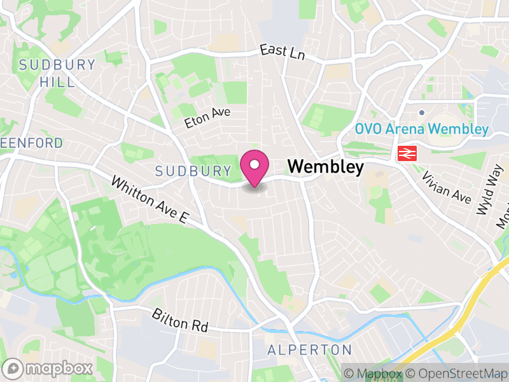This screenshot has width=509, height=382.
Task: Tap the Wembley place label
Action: pos(326,167)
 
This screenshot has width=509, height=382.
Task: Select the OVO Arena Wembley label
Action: pos(421,129)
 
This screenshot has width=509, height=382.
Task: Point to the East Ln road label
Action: pos(282,52)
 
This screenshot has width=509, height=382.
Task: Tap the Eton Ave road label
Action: pos(207,118)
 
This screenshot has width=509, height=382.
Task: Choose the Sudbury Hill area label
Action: pos(57,73)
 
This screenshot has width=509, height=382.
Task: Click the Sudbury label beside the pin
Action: pos(193,171)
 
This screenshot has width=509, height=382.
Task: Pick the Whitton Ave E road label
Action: pos(150,200)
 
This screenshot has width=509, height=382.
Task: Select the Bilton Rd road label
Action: pos(180,320)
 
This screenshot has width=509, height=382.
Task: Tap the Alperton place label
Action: pos(309,350)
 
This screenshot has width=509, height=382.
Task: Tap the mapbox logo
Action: pos(48,368)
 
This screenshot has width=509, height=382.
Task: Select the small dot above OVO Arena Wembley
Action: pos(421,113)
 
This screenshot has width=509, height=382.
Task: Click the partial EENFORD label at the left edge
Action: pos(32,143)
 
